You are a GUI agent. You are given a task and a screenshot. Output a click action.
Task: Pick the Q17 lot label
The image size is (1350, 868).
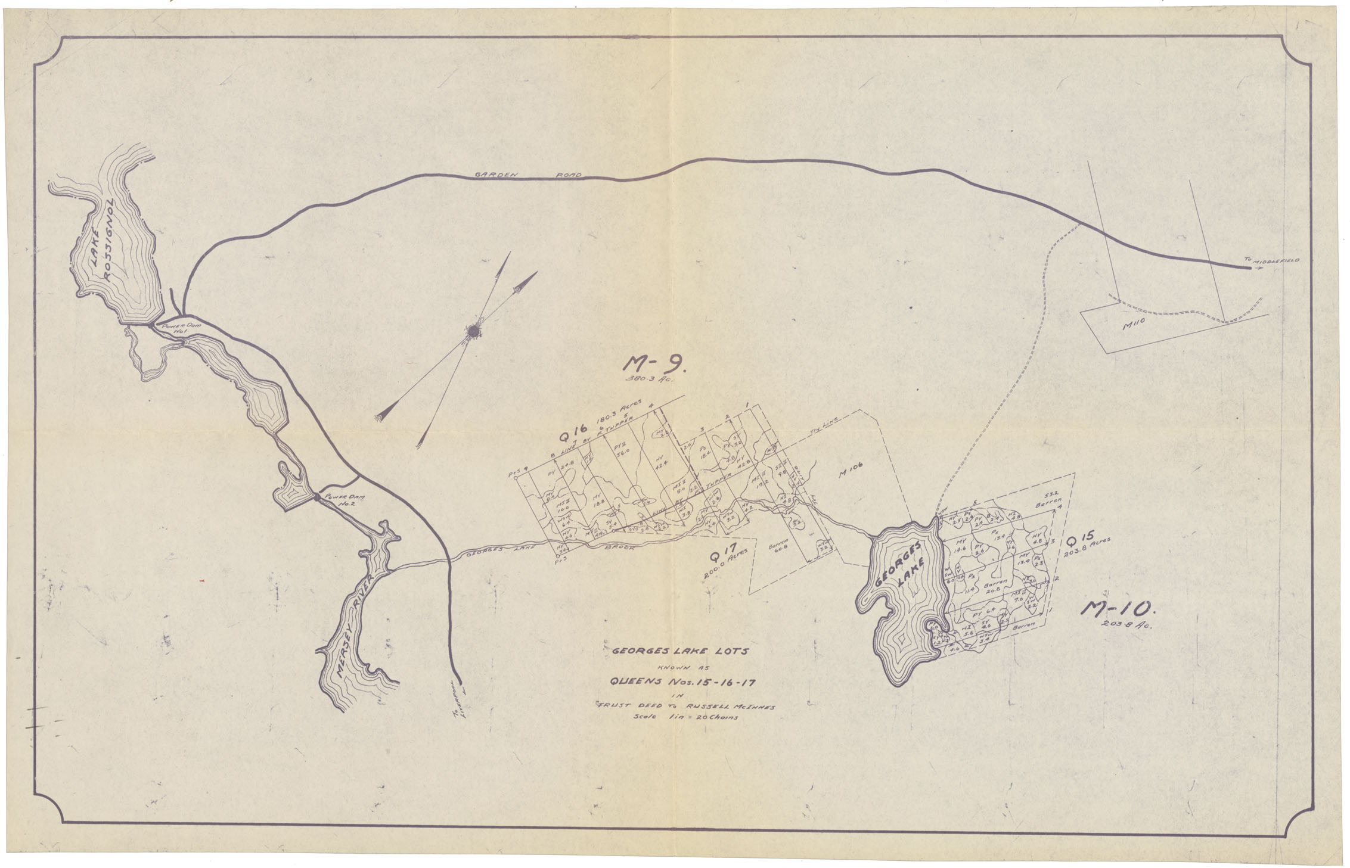716,557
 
